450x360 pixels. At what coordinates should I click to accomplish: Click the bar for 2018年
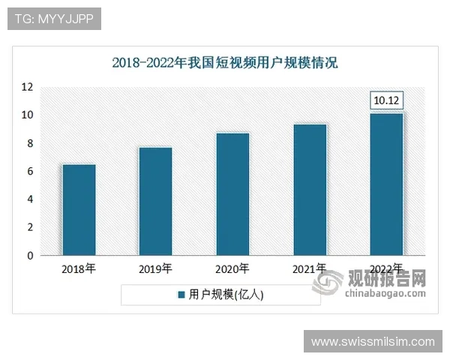click(79, 210)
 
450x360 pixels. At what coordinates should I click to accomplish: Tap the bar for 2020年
click(232, 194)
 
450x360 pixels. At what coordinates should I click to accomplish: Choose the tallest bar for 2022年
click(387, 184)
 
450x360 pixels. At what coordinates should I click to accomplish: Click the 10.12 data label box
click(387, 100)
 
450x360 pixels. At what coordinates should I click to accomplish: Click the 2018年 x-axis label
click(79, 268)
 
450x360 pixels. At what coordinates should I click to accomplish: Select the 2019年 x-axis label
click(155, 268)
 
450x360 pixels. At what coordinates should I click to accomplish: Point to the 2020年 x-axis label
click(232, 268)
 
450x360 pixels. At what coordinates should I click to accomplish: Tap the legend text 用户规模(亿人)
click(226, 295)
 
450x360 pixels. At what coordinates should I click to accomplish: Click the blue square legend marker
click(181, 295)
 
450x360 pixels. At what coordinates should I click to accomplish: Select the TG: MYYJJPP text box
click(53, 19)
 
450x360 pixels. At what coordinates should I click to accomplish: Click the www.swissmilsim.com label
click(373, 341)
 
